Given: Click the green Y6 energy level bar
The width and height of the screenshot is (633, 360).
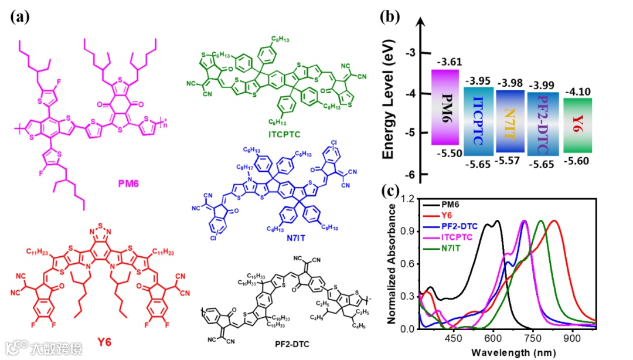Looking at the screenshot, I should pos(577,125).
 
